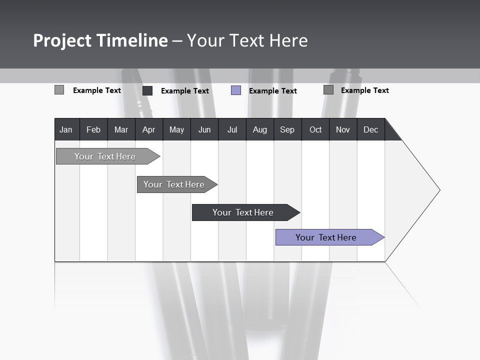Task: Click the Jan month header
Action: coord(66,129)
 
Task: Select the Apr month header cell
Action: coord(148,129)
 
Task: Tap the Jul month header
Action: coord(232,129)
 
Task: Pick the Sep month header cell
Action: coord(287,129)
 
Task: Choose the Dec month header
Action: coord(370,129)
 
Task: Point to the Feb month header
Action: coord(93,129)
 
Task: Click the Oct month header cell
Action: coord(315,129)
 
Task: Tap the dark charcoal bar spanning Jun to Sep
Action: coord(243,212)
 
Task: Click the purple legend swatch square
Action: coord(236,90)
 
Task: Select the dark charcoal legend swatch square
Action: coord(147,90)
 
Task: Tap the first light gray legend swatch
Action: coord(59,90)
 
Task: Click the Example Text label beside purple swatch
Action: coord(273,91)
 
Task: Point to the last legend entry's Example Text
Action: coord(365,90)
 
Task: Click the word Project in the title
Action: coord(62,40)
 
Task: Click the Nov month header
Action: coord(343,129)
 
